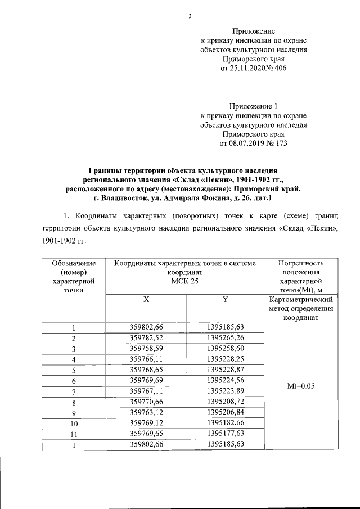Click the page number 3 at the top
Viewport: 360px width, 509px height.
[x=190, y=16]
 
